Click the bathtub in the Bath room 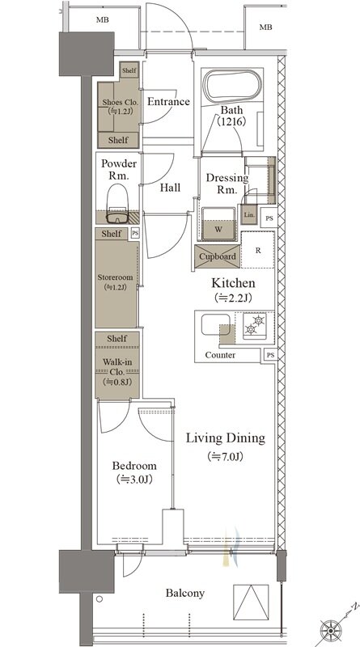(233, 87)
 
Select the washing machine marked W (218, 224)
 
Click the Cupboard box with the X (218, 256)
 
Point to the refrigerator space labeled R (258, 250)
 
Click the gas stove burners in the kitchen (254, 325)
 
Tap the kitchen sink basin (215, 325)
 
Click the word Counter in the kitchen (221, 355)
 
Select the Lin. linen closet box (249, 214)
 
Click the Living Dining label (225, 438)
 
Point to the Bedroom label (134, 466)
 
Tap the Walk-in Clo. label (117, 367)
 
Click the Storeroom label (115, 277)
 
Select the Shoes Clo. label (121, 102)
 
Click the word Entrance (168, 102)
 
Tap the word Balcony (185, 593)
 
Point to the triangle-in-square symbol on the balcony (251, 601)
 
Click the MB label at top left (103, 19)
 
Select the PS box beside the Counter (269, 355)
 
